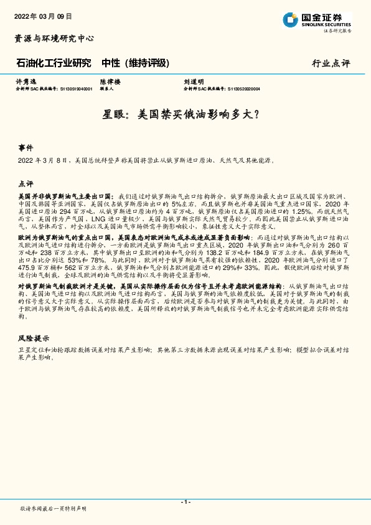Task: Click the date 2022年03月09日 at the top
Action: click(43, 16)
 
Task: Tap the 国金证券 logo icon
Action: click(290, 20)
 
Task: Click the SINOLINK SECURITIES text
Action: click(327, 26)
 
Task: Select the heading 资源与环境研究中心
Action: click(54, 39)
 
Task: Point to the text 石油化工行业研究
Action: click(54, 63)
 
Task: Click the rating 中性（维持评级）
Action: click(135, 63)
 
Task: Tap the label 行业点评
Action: click(331, 64)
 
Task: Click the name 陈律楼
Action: click(109, 82)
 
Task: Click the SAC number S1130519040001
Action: click(72, 89)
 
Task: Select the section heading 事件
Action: click(26, 148)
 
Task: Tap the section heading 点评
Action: click(26, 184)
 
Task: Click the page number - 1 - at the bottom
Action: click(185, 502)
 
